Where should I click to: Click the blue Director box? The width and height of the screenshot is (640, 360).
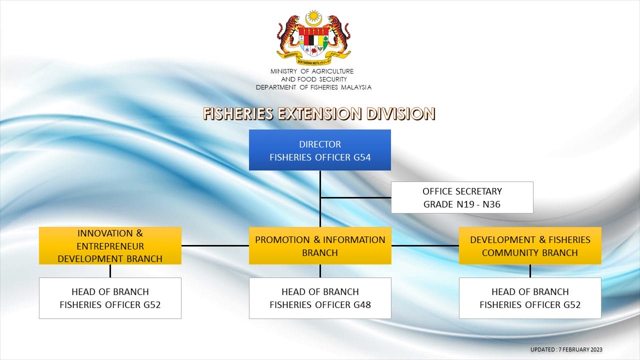[320, 150]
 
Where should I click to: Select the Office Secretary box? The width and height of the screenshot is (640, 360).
[462, 197]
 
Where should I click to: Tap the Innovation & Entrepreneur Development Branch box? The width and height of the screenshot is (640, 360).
[110, 245]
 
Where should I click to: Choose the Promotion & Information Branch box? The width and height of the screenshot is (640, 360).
[320, 245]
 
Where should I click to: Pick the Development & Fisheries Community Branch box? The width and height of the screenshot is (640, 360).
[530, 245]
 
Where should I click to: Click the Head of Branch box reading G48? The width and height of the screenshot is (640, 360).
[320, 298]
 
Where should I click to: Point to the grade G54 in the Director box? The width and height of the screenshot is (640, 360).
[362, 157]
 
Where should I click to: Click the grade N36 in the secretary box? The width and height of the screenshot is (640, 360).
[491, 204]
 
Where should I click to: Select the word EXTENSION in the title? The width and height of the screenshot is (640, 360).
[320, 113]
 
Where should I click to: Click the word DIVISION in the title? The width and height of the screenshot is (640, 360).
[400, 113]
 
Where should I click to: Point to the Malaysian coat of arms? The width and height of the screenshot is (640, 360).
[313, 37]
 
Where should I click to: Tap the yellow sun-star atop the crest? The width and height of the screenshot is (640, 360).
[313, 16]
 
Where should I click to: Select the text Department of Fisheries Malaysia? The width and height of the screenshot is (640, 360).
[313, 87]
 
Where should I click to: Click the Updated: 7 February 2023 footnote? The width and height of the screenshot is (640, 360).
[566, 349]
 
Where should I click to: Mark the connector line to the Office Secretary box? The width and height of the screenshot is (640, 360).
[355, 197]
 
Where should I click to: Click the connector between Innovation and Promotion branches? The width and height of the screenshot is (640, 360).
[215, 245]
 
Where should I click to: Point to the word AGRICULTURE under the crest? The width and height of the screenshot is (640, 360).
[332, 71]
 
